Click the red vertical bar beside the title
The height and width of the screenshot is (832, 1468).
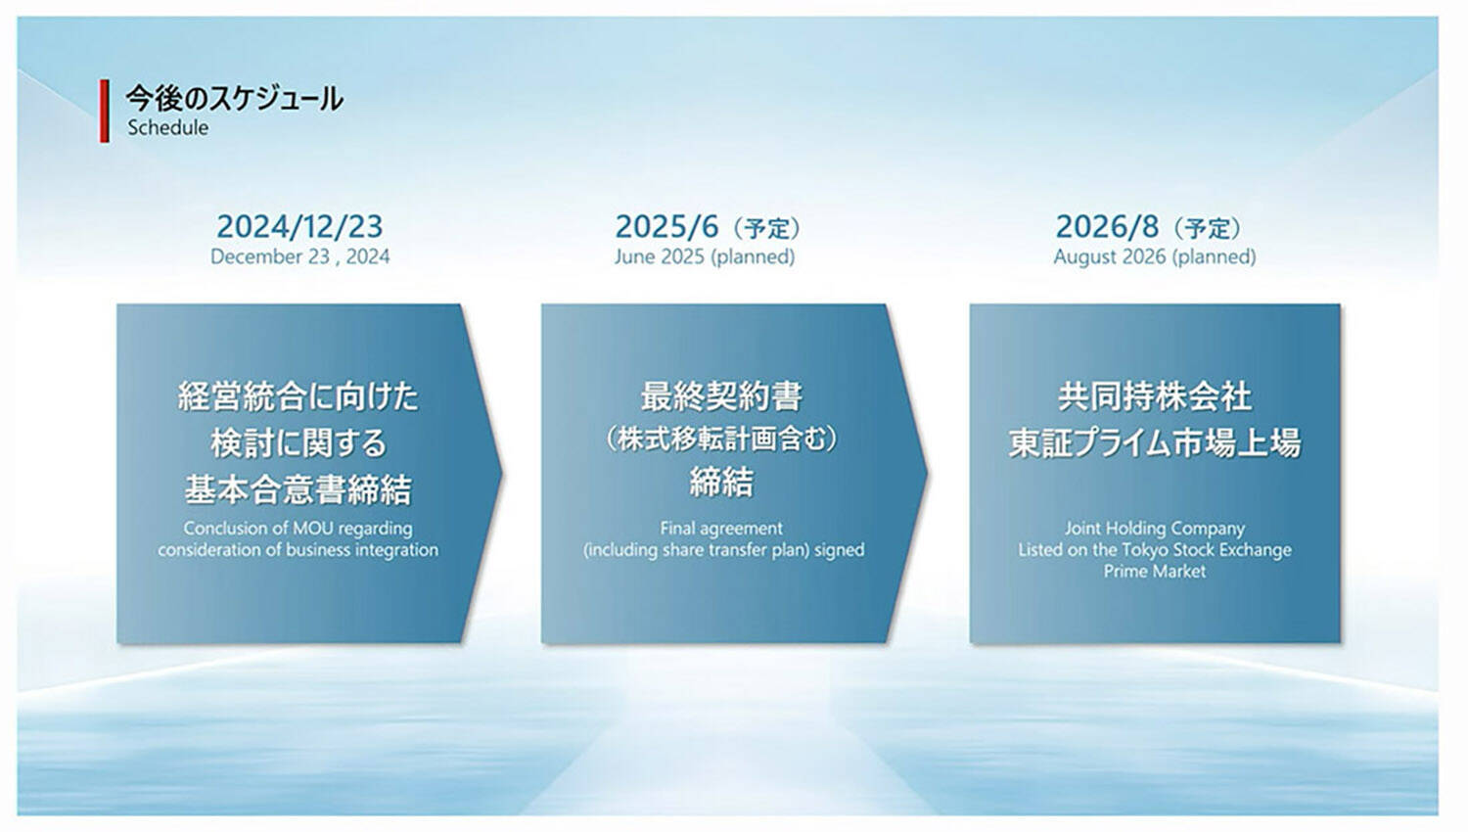pos(104,111)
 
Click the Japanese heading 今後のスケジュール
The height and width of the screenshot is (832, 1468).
pos(234,99)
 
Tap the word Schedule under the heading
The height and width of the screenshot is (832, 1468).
pos(167,128)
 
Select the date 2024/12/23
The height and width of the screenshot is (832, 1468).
pos(299,227)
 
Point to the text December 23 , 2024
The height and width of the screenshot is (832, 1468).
pos(300,256)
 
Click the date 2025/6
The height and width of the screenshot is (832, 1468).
pos(667,227)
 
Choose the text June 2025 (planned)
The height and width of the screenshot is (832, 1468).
pos(705,256)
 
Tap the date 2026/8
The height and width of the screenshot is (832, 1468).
pos(1108,227)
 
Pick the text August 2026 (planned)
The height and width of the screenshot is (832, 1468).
pos(1155,256)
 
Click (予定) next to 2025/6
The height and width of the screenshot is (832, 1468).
pos(766,228)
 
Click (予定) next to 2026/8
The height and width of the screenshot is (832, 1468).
pos(1207,228)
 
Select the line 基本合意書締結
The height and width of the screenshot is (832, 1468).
pos(298,489)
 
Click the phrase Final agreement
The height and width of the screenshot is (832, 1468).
pos(721,529)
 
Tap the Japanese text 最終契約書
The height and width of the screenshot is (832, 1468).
pos(721,396)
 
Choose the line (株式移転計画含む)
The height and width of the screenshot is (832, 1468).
pos(721,439)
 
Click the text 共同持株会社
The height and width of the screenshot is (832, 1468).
pos(1155,396)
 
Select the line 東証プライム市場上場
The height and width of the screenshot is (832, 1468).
pos(1155,443)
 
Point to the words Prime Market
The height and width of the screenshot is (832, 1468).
pos(1155,572)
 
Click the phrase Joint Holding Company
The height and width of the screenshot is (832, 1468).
pos(1155,529)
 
